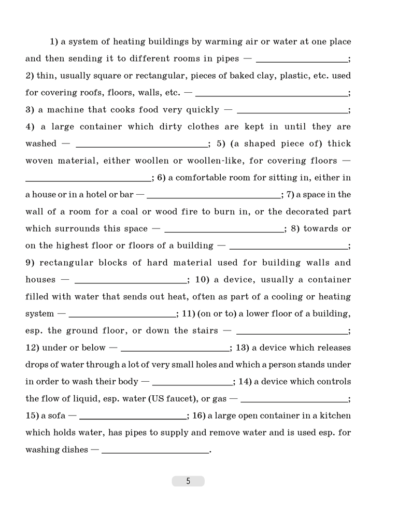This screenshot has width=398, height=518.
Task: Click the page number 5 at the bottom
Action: pyautogui.click(x=188, y=481)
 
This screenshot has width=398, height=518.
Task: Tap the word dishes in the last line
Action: pyautogui.click(x=75, y=450)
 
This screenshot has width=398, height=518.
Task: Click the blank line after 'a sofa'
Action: pyautogui.click(x=133, y=418)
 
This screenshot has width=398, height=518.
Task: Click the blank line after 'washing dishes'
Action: pyautogui.click(x=155, y=452)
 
